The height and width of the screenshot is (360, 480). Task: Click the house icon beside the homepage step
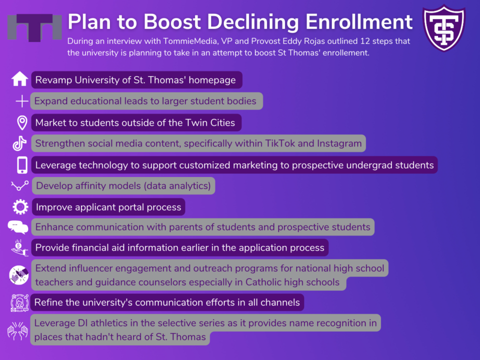tap(20, 79)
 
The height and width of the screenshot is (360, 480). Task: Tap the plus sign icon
tap(22, 101)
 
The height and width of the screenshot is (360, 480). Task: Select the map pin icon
tap(22, 123)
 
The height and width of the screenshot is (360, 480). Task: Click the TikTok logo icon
tap(19, 143)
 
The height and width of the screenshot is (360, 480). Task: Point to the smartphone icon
tap(22, 165)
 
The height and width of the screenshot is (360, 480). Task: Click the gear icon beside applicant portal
tap(20, 207)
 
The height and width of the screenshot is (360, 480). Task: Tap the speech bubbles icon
tap(18, 227)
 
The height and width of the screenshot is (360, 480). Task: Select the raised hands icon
tap(18, 330)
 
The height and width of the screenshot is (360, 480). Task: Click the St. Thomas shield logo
tap(444, 27)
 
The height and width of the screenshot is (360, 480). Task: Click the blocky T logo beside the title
tap(34, 27)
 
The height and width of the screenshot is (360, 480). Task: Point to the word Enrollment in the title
tap(359, 22)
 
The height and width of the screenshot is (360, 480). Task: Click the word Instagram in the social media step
tap(339, 143)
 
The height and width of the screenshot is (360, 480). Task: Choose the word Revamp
tap(53, 80)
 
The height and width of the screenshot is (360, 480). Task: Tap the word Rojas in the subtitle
tap(313, 41)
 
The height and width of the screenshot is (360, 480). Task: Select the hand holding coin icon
tap(19, 247)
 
